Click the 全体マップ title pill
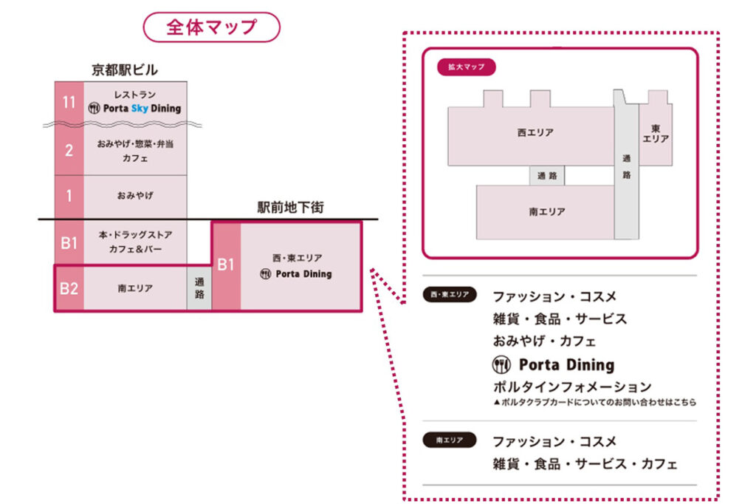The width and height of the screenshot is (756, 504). click(x=211, y=27)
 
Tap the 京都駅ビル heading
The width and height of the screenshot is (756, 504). click(x=125, y=70)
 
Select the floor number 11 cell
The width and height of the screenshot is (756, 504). click(x=69, y=102)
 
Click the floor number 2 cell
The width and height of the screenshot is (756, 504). click(x=69, y=151)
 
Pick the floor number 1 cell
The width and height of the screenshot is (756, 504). click(x=69, y=196)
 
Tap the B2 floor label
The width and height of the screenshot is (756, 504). click(x=69, y=288)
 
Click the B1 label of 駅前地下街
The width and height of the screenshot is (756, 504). click(x=226, y=265)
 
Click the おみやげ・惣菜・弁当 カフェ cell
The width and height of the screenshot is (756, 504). click(x=135, y=151)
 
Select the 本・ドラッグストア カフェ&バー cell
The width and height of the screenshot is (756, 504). click(x=135, y=242)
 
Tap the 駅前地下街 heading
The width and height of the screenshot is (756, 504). click(x=290, y=208)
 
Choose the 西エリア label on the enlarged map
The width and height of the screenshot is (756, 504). click(x=535, y=133)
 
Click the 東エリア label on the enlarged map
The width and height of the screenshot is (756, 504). click(x=656, y=133)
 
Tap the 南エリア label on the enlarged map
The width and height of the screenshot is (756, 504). click(x=547, y=211)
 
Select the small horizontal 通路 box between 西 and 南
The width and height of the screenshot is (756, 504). click(x=547, y=176)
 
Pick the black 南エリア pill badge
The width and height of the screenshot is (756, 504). click(x=450, y=440)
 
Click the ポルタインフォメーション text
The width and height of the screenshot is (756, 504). click(x=572, y=386)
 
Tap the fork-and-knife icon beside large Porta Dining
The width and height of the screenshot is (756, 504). click(x=502, y=364)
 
